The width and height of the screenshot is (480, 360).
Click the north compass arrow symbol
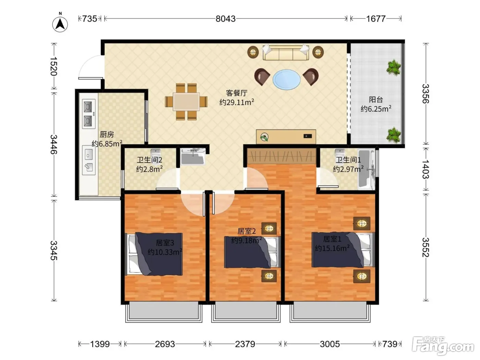(x=60, y=24)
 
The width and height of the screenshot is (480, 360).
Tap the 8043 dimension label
(x=226, y=19)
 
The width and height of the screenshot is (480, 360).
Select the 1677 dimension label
(x=376, y=19)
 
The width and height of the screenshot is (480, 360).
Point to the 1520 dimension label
(x=53, y=66)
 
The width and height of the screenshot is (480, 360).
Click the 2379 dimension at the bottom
(x=245, y=344)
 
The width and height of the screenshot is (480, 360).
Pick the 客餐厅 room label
(x=237, y=93)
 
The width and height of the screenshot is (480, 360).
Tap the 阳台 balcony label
(x=376, y=100)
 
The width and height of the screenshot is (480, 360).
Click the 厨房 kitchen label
(x=107, y=134)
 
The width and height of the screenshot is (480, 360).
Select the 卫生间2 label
(x=149, y=160)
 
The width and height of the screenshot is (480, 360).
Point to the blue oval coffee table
(x=286, y=79)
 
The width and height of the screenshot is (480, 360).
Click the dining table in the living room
(x=186, y=101)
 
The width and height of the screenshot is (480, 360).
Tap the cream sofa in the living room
(x=286, y=52)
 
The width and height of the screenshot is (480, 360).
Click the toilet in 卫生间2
(x=156, y=153)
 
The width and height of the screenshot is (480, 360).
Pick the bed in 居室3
(x=154, y=254)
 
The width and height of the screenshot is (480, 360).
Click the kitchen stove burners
(x=88, y=114)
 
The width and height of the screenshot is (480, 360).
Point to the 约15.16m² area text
(x=332, y=248)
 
